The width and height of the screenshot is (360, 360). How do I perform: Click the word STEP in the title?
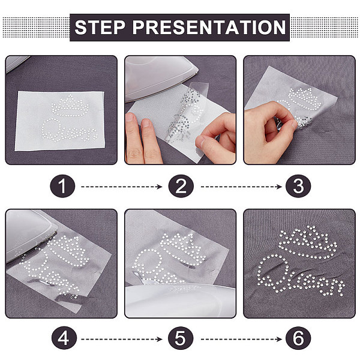coord(100,28)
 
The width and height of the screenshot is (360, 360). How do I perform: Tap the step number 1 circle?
coord(62,186)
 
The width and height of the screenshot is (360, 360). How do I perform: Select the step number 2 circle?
coord(181,186)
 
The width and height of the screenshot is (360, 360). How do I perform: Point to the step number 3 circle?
coord(298,186)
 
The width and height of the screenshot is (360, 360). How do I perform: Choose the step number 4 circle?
coord(64,338)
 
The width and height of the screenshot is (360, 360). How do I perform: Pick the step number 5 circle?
coord(181,338)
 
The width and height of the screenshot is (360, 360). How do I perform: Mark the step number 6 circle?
coord(298,338)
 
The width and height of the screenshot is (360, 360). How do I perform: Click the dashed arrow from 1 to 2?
coord(122,187)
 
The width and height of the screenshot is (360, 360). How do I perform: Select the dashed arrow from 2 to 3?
coord(242,187)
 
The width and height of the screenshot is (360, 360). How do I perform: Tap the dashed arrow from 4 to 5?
coord(122,339)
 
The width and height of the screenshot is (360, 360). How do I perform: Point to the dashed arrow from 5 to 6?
coord(242,339)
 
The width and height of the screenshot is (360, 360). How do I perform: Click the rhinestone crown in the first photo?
coord(70,106)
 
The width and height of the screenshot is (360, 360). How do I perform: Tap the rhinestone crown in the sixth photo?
coord(308,242)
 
